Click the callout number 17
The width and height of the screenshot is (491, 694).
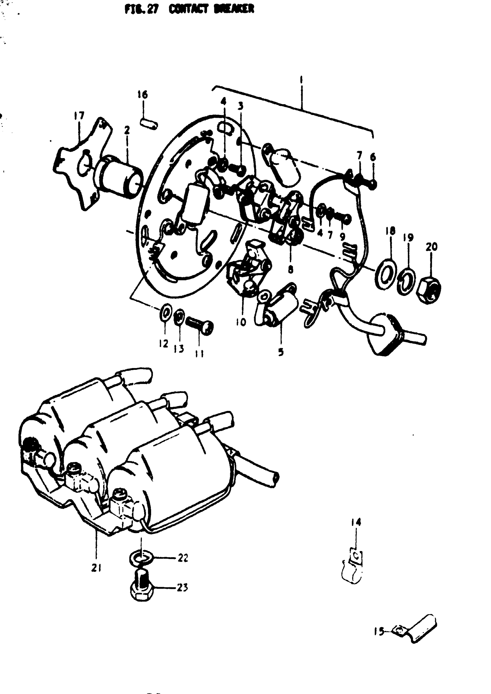click(x=79, y=116)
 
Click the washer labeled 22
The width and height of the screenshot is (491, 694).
click(x=141, y=557)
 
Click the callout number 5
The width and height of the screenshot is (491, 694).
click(x=281, y=352)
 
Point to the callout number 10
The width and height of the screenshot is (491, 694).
click(x=241, y=322)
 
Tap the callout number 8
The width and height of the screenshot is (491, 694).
click(x=291, y=269)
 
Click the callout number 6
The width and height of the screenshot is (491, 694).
click(x=373, y=157)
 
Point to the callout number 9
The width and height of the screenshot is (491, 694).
click(x=343, y=236)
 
